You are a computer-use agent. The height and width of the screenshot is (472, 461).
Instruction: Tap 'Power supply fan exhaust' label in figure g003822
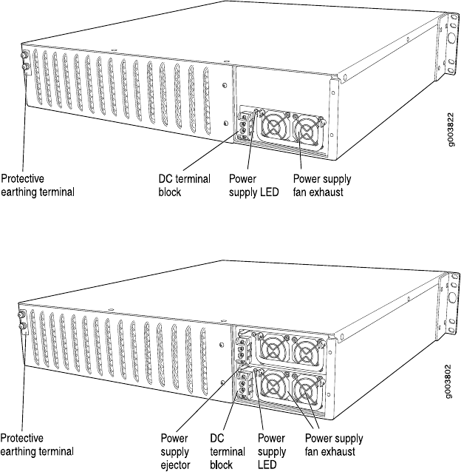(321, 184)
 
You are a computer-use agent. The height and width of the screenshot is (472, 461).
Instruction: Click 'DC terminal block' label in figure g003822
(184, 184)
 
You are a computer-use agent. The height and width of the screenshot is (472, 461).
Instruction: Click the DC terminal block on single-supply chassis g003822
(245, 127)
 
